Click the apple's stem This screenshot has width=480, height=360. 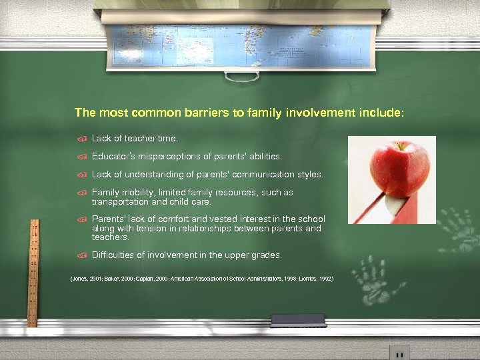(x=401, y=145)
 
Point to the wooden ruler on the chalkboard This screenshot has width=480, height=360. (x=31, y=267)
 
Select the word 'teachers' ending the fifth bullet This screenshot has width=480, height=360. (x=109, y=237)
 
